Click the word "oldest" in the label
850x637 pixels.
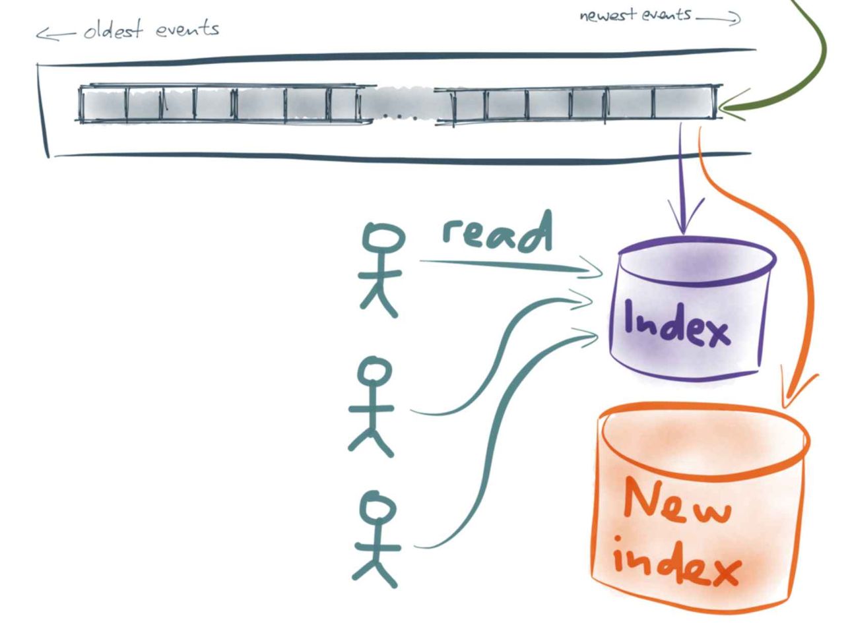coord(114,30)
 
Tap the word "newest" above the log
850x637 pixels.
coord(608,15)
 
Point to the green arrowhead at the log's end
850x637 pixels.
coord(731,106)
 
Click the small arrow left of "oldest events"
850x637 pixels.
coord(55,35)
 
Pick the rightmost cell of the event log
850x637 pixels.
coord(683,102)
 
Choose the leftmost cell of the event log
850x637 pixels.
coord(104,104)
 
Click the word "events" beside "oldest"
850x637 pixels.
coord(187,29)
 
